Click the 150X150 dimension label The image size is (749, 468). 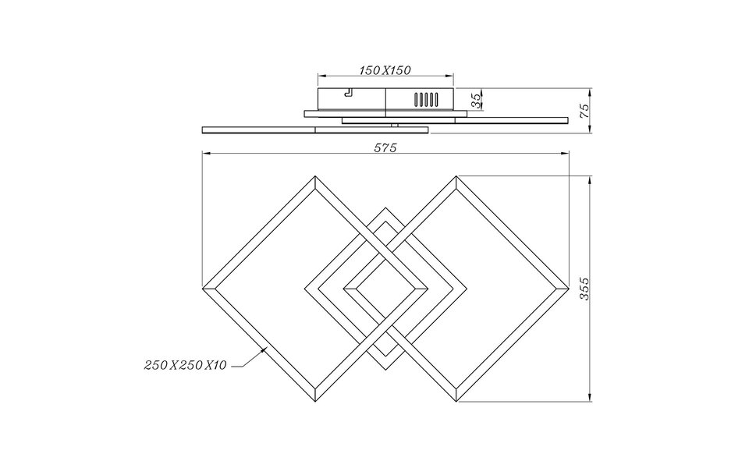pyautogui.click(x=385, y=70)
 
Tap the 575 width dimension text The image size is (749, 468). pyautogui.click(x=385, y=147)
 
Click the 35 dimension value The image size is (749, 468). pyautogui.click(x=476, y=100)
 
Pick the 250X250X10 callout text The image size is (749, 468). pyautogui.click(x=185, y=364)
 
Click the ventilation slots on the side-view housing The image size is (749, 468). pyautogui.click(x=426, y=100)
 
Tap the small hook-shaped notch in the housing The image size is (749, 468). pyautogui.click(x=348, y=93)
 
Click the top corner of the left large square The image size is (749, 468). pyautogui.click(x=314, y=179)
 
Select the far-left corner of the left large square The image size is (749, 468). pyautogui.click(x=204, y=289)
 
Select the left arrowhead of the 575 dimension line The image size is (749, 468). pyautogui.click(x=204, y=154)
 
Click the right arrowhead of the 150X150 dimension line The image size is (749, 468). pyautogui.click(x=451, y=76)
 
